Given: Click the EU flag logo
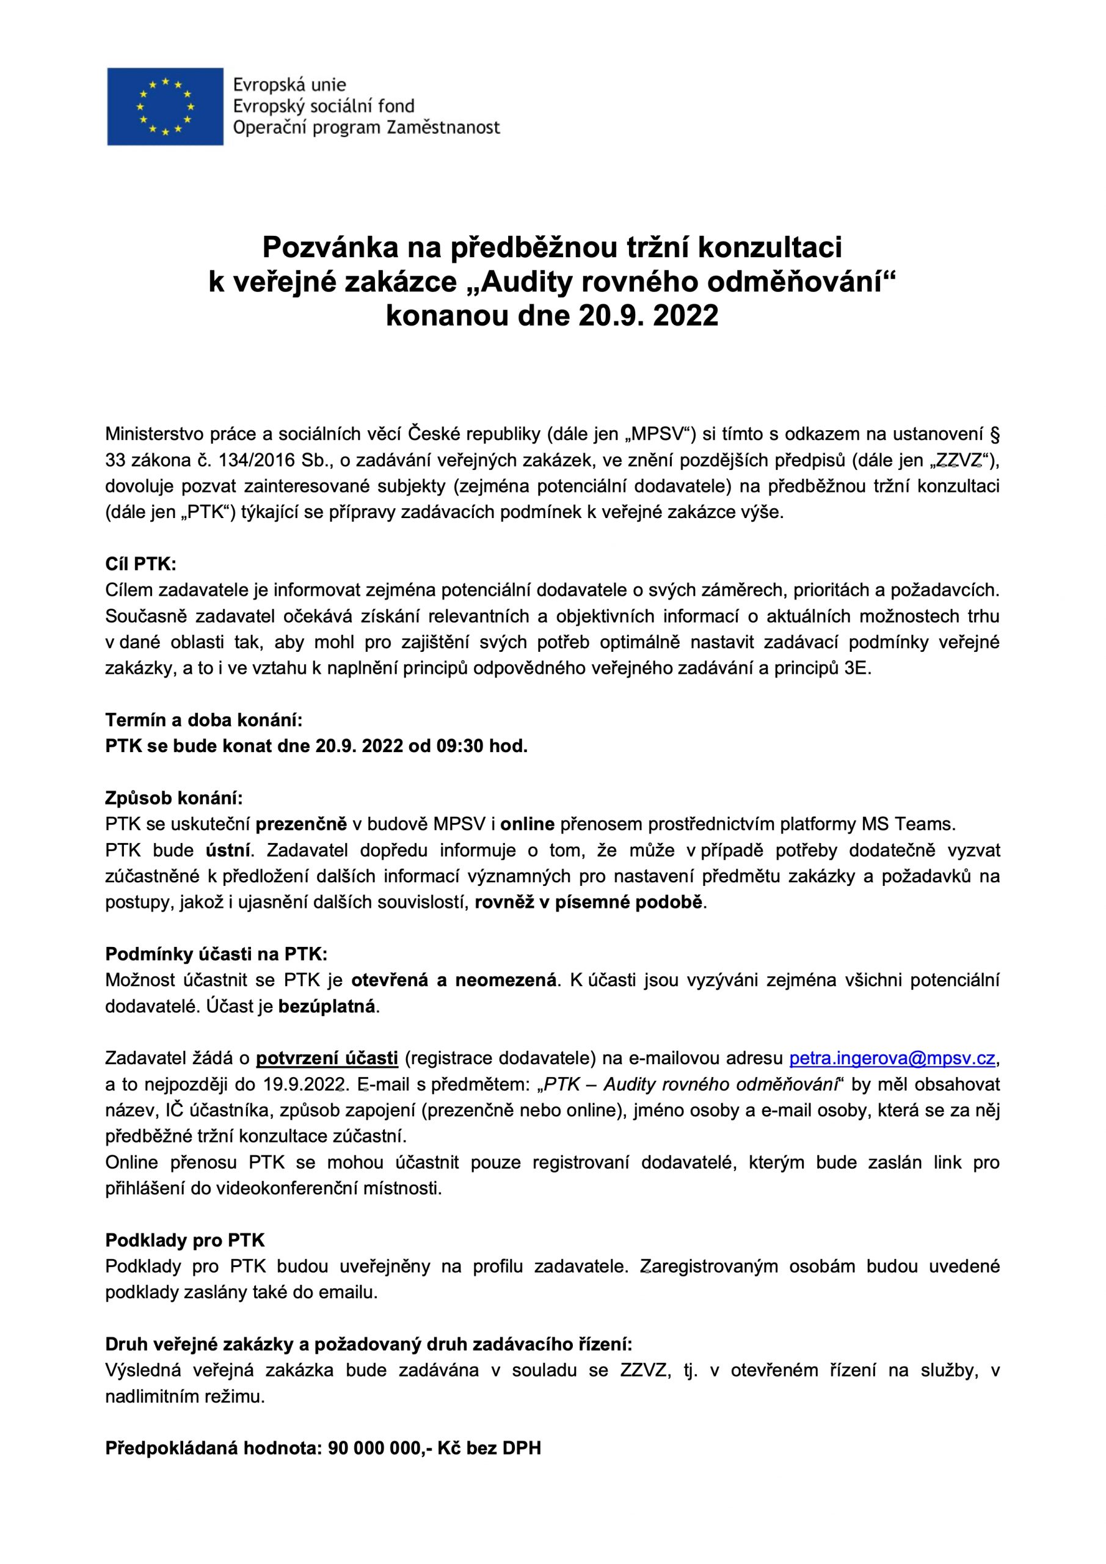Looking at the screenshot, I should click(165, 106).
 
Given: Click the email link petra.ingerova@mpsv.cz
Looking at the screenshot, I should click(893, 1059).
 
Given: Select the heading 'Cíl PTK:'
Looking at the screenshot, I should click(140, 564).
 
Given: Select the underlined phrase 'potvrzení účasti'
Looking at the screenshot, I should click(327, 1059).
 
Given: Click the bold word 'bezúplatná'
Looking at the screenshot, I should click(327, 1006).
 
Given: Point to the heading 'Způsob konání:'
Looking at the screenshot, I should click(173, 798).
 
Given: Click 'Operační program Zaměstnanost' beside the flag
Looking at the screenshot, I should click(366, 128).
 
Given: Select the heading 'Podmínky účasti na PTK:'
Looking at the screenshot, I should click(216, 954).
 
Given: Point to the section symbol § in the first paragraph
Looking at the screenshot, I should click(995, 434).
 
